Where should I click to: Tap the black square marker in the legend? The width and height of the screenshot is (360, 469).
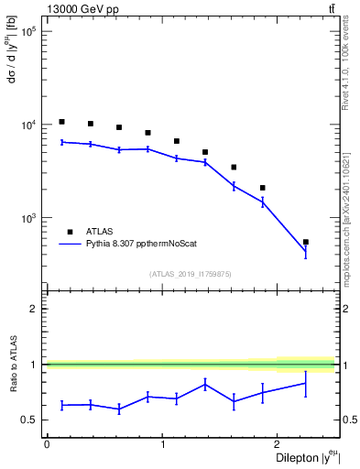pyautogui.click(x=70, y=232)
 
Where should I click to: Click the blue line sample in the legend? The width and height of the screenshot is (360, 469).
pyautogui.click(x=70, y=245)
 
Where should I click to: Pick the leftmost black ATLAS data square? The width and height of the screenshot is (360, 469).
pyautogui.click(x=61, y=122)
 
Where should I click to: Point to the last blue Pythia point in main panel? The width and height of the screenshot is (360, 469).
pyautogui.click(x=305, y=251)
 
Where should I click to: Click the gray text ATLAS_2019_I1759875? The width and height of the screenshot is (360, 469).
pyautogui.click(x=191, y=273)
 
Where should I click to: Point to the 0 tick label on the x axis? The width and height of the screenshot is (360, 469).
pyautogui.click(x=47, y=444)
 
